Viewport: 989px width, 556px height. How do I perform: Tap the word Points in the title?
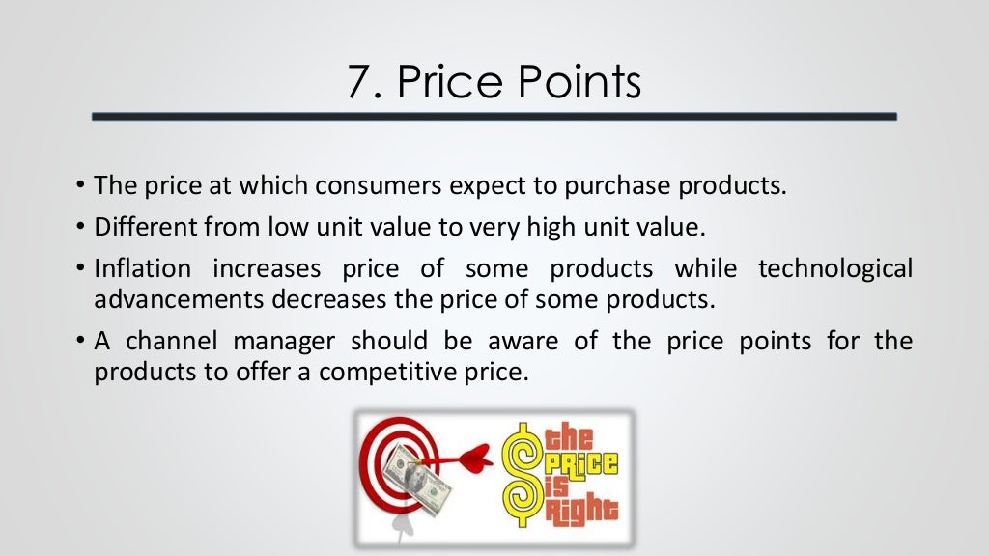(x=579, y=82)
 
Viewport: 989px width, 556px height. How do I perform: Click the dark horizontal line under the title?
(x=494, y=117)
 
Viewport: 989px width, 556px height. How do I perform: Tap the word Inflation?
(x=143, y=267)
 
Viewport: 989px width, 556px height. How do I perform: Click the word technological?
(x=834, y=267)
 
